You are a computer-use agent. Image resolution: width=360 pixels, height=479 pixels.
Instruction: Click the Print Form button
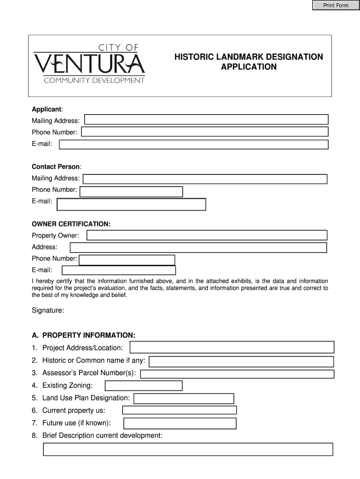(335, 6)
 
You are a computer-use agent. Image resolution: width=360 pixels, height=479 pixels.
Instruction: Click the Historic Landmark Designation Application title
(248, 62)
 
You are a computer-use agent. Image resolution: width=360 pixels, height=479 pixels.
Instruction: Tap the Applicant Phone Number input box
(204, 132)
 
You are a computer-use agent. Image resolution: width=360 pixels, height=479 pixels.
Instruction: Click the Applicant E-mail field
(194, 145)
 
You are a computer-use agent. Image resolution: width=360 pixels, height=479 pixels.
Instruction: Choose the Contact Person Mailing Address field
(205, 179)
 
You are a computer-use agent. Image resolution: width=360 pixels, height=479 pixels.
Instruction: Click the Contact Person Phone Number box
(131, 191)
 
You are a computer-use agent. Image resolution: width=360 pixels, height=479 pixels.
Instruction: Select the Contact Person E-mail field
(131, 204)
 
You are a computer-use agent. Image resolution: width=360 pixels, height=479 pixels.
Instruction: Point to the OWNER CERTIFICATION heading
(71, 225)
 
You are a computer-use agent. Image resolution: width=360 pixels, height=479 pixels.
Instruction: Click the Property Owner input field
(207, 235)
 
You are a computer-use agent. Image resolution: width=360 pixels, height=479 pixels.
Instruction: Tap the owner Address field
(198, 247)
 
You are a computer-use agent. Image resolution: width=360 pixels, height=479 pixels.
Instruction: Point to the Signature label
(48, 310)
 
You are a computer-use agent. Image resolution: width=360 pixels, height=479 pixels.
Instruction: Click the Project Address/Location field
(232, 347)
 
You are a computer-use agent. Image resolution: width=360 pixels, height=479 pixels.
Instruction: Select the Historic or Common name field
(241, 362)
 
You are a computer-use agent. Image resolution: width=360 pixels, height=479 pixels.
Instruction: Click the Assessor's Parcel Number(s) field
(237, 374)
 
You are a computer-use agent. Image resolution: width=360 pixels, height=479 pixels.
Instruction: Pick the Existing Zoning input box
(144, 385)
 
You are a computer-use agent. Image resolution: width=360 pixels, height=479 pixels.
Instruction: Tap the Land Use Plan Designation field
(184, 398)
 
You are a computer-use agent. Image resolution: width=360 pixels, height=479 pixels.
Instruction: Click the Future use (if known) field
(180, 423)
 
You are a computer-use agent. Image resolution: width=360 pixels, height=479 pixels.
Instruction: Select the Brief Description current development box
(188, 449)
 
